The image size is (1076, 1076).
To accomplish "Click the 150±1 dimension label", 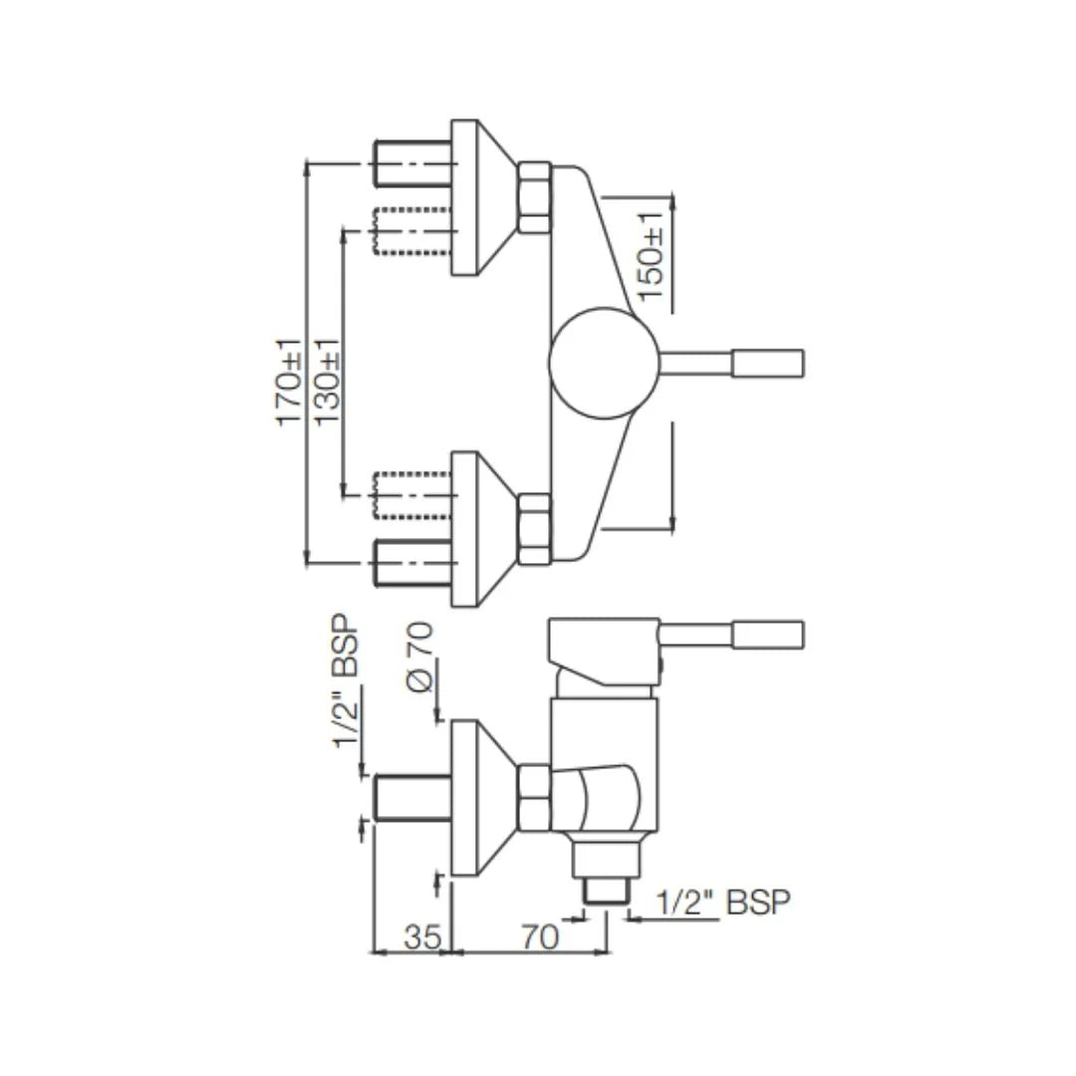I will [650, 258].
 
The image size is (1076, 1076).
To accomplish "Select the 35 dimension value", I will [422, 937].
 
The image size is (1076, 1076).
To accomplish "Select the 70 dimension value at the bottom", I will [538, 937].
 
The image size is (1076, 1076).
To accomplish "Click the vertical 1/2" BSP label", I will [348, 689].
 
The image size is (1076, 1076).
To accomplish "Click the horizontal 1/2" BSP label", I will [723, 903].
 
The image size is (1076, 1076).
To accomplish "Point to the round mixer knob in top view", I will [603, 363].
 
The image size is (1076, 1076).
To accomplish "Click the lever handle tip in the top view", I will [767, 363].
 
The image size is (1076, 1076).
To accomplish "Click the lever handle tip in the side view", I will [767, 635].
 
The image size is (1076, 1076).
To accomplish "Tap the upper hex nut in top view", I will [534, 198].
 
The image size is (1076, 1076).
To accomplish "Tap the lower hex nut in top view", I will [534, 528].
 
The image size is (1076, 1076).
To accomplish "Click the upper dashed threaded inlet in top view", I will [410, 230].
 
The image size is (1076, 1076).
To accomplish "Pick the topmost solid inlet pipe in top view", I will [410, 163].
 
